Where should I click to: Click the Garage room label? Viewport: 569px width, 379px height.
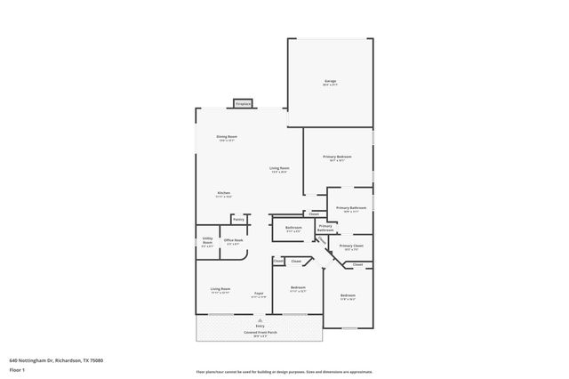pos(330,82)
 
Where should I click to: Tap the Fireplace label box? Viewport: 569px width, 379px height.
pos(242,104)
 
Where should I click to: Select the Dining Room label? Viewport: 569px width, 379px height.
pos(227,138)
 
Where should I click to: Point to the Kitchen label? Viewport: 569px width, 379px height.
pos(225,194)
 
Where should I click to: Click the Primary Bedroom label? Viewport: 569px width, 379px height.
pos(337,157)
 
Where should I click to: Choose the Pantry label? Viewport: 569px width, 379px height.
pos(238,218)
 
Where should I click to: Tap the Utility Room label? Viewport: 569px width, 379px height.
pos(206,240)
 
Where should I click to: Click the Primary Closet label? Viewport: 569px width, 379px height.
pos(351,246)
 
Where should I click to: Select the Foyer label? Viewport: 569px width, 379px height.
pos(259,294)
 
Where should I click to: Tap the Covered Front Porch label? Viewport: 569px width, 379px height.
pos(260,334)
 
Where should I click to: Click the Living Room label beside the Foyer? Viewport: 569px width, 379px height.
pos(220,290)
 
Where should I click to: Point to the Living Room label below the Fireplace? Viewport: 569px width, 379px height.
pos(279,169)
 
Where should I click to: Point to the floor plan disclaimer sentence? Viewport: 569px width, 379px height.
pos(284,372)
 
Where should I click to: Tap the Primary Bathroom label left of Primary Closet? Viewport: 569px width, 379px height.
pos(325,228)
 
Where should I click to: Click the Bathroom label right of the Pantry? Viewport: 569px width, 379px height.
pos(293,229)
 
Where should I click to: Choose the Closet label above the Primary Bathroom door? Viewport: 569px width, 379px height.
pos(313,214)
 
